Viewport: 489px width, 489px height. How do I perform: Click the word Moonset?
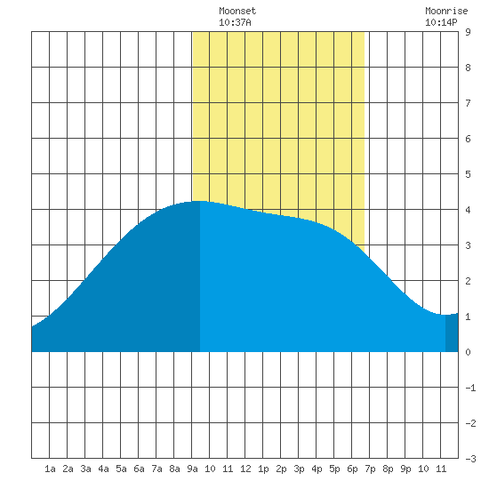coord(237,11)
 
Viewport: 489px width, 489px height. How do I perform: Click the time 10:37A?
coord(235,22)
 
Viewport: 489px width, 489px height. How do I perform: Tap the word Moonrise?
coord(446,11)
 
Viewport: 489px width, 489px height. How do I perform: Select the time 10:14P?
coord(441,22)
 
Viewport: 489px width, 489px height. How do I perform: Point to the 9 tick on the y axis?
coord(468,32)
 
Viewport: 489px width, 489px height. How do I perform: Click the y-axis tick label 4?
coord(468,210)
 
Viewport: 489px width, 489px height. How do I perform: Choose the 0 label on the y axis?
coord(468,352)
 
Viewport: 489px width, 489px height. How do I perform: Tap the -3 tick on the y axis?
coord(470,459)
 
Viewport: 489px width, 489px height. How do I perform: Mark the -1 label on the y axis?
coord(470,388)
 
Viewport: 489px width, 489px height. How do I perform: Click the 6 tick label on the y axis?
coord(468,139)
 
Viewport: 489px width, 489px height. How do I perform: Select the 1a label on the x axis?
coord(50,469)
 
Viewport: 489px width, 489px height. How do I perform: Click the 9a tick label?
coord(192,469)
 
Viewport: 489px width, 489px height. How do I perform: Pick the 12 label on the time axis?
coord(245,469)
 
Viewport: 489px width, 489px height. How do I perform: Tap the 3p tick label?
coord(299,469)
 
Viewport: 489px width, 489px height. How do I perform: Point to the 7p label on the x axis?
coord(370,469)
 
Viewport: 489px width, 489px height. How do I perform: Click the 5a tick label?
coord(121,469)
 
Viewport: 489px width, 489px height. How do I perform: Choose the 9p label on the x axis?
coord(405,469)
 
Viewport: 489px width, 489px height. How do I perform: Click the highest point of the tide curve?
coord(199,201)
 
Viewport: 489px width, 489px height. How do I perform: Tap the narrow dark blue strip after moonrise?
coord(452,333)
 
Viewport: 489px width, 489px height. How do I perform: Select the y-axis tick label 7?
coord(468,103)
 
